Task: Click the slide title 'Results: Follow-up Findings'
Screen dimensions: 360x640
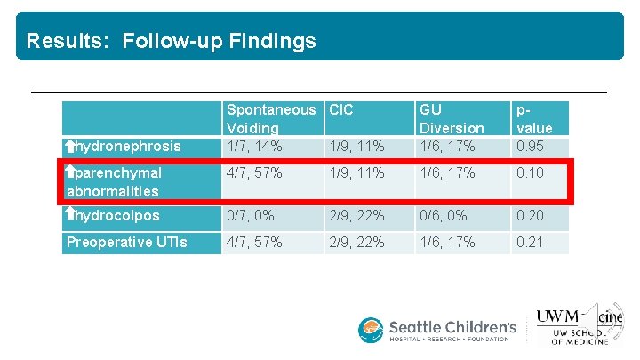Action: (171, 41)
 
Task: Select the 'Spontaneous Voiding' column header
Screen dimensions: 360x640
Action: (270, 119)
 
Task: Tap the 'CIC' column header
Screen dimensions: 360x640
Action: (340, 110)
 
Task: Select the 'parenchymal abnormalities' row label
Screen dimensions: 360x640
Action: (114, 181)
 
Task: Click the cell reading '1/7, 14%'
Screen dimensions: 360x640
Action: (256, 146)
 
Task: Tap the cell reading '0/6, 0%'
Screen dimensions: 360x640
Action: (444, 216)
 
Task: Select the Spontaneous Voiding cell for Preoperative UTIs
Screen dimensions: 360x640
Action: (256, 242)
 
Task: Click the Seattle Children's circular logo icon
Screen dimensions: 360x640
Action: (371, 330)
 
